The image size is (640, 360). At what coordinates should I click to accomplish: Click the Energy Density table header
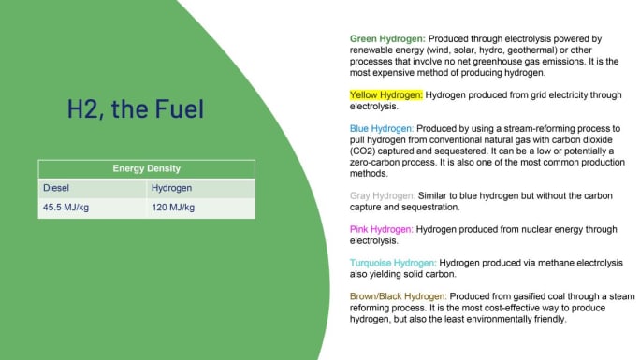coord(146,169)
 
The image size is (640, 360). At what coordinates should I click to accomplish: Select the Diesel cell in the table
coord(56,188)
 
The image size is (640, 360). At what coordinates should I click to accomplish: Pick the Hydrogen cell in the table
coord(172,188)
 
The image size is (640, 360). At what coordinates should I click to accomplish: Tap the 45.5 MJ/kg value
coord(65,208)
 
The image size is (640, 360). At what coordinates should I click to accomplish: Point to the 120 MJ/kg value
coord(173,208)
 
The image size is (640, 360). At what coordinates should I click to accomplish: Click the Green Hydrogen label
coord(384,38)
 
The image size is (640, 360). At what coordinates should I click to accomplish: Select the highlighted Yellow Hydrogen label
coord(386,94)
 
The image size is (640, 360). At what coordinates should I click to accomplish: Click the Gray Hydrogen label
coord(382,195)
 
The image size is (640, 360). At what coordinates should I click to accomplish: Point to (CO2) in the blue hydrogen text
coord(364,151)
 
